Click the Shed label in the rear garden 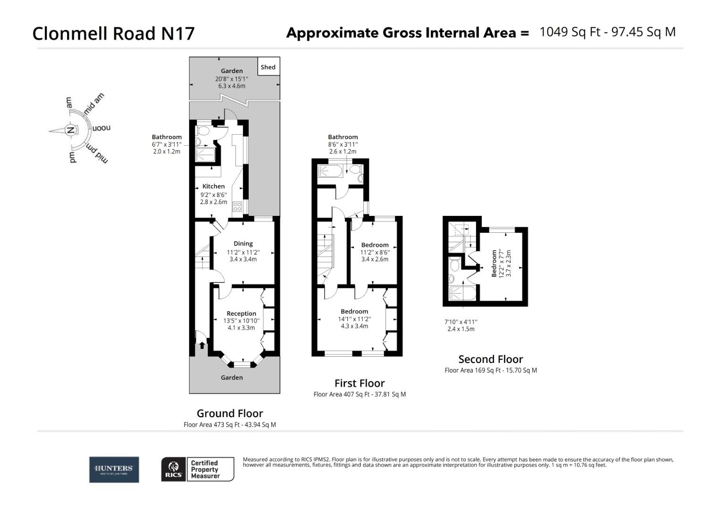point(268,67)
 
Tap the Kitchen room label point(213,186)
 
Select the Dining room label point(243,244)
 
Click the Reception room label point(241,313)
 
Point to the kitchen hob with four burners point(237,206)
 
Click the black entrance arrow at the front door point(202,345)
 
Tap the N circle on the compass point(71,130)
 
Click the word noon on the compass point(101,128)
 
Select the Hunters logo point(114,469)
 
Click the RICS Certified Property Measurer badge point(198,469)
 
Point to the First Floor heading point(359,383)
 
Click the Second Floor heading point(490,359)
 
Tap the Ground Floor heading point(230,413)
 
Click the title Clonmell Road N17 point(113,33)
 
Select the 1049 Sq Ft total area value point(570,32)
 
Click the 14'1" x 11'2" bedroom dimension point(354,319)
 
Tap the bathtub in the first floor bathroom point(329,171)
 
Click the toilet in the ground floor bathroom point(204,130)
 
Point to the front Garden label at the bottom point(232,378)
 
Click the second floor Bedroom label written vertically point(495,263)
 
